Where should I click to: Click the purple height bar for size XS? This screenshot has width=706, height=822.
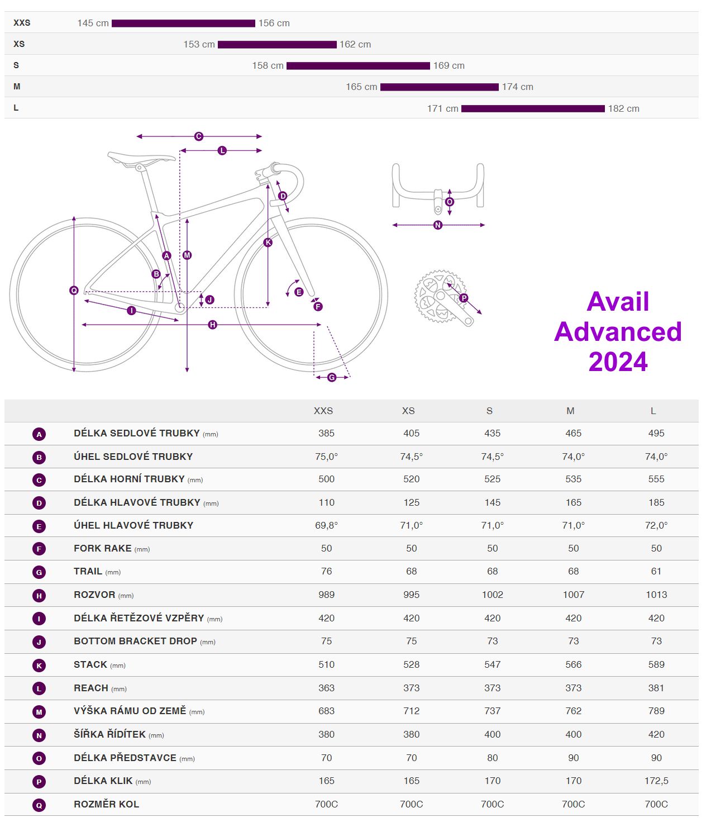[x=277, y=45]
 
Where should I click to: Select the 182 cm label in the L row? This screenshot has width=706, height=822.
[x=623, y=108]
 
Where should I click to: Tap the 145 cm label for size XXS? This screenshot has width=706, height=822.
[x=93, y=23]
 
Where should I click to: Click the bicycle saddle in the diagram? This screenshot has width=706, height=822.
[x=141, y=158]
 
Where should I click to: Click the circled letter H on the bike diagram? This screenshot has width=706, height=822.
[x=212, y=325]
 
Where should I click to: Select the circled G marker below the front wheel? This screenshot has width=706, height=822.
[x=332, y=378]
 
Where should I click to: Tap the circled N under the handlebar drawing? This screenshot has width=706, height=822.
[x=438, y=225]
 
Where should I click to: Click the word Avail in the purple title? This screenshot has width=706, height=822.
[x=618, y=302]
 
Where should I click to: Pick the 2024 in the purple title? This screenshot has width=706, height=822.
[x=618, y=362]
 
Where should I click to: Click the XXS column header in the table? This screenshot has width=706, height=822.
[x=323, y=411]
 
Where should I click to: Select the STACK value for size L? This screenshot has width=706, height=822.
[x=656, y=664]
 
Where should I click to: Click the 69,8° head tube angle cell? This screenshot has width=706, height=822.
[x=326, y=525]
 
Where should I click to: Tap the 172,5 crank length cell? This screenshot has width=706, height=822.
[x=656, y=781]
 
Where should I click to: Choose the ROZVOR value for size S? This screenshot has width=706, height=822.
[x=492, y=595]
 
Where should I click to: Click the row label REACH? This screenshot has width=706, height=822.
[x=91, y=688]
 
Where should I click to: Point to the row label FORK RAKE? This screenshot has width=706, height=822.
[x=103, y=548]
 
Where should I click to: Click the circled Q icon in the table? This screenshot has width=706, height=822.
[x=39, y=805]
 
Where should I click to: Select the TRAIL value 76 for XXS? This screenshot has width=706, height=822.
[x=326, y=571]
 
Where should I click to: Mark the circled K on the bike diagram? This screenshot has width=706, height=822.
[x=268, y=243]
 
